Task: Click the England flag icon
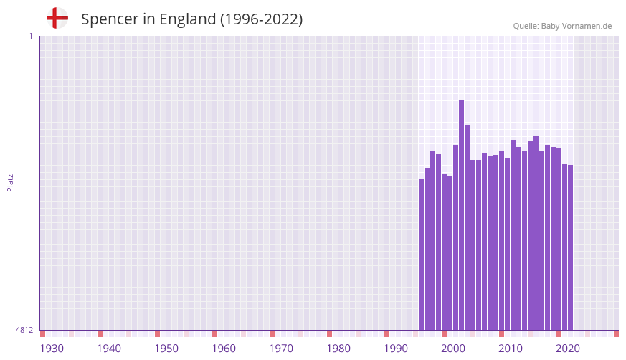57,18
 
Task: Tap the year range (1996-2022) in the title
261,19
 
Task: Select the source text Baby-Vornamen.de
576,26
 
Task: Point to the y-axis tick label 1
30,36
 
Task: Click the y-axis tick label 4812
24,330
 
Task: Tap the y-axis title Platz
10,183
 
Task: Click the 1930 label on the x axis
52,349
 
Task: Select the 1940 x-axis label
109,349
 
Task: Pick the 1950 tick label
166,349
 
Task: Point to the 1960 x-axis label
224,349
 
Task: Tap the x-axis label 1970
281,349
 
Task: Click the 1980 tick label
338,349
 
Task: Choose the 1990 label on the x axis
396,349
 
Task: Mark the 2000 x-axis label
453,349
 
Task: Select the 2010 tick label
511,349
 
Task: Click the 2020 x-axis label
568,349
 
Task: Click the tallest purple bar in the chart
462,215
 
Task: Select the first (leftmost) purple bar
422,255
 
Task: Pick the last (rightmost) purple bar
571,247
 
